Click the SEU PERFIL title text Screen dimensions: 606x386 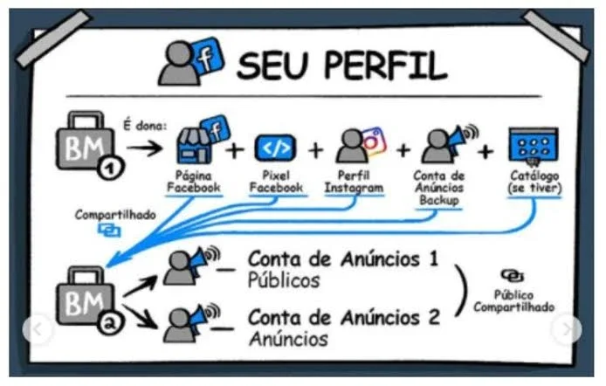(x=341, y=65)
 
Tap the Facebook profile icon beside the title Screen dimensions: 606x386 (x=191, y=62)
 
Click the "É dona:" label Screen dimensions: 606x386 (x=145, y=126)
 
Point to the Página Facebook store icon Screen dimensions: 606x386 (x=202, y=140)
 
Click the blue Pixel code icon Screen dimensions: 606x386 (x=275, y=148)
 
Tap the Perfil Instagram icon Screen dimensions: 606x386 (x=361, y=144)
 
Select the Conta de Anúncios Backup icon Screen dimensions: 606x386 (x=449, y=144)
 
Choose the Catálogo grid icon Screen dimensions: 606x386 (x=534, y=145)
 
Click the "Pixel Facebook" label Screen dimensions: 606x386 (x=276, y=182)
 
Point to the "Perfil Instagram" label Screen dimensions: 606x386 (x=354, y=182)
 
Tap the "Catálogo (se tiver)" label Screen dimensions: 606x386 (x=534, y=182)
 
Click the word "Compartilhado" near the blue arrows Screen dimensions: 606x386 (x=115, y=215)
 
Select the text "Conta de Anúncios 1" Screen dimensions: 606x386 (x=343, y=258)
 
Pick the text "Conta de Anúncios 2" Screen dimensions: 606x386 (x=344, y=318)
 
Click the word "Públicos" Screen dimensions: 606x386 (x=284, y=280)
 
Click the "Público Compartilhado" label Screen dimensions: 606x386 (x=514, y=301)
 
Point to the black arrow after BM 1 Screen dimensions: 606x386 (x=145, y=148)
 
